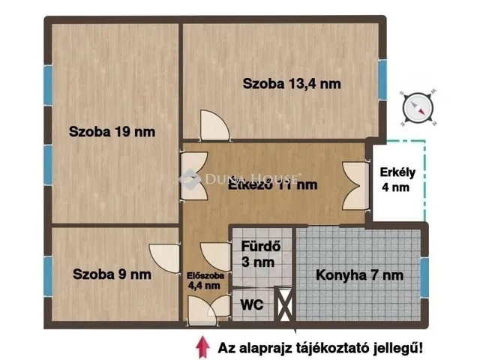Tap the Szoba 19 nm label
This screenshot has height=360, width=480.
[x=112, y=132]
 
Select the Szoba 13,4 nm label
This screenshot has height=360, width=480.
[x=292, y=84]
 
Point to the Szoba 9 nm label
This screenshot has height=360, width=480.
[x=112, y=274]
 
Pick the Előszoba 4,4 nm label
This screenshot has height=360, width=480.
[x=203, y=279]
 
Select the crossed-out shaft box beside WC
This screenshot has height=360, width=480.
[x=285, y=305]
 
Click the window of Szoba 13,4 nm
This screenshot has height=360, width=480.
[x=382, y=79]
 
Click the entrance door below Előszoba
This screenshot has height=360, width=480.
[x=207, y=309]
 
